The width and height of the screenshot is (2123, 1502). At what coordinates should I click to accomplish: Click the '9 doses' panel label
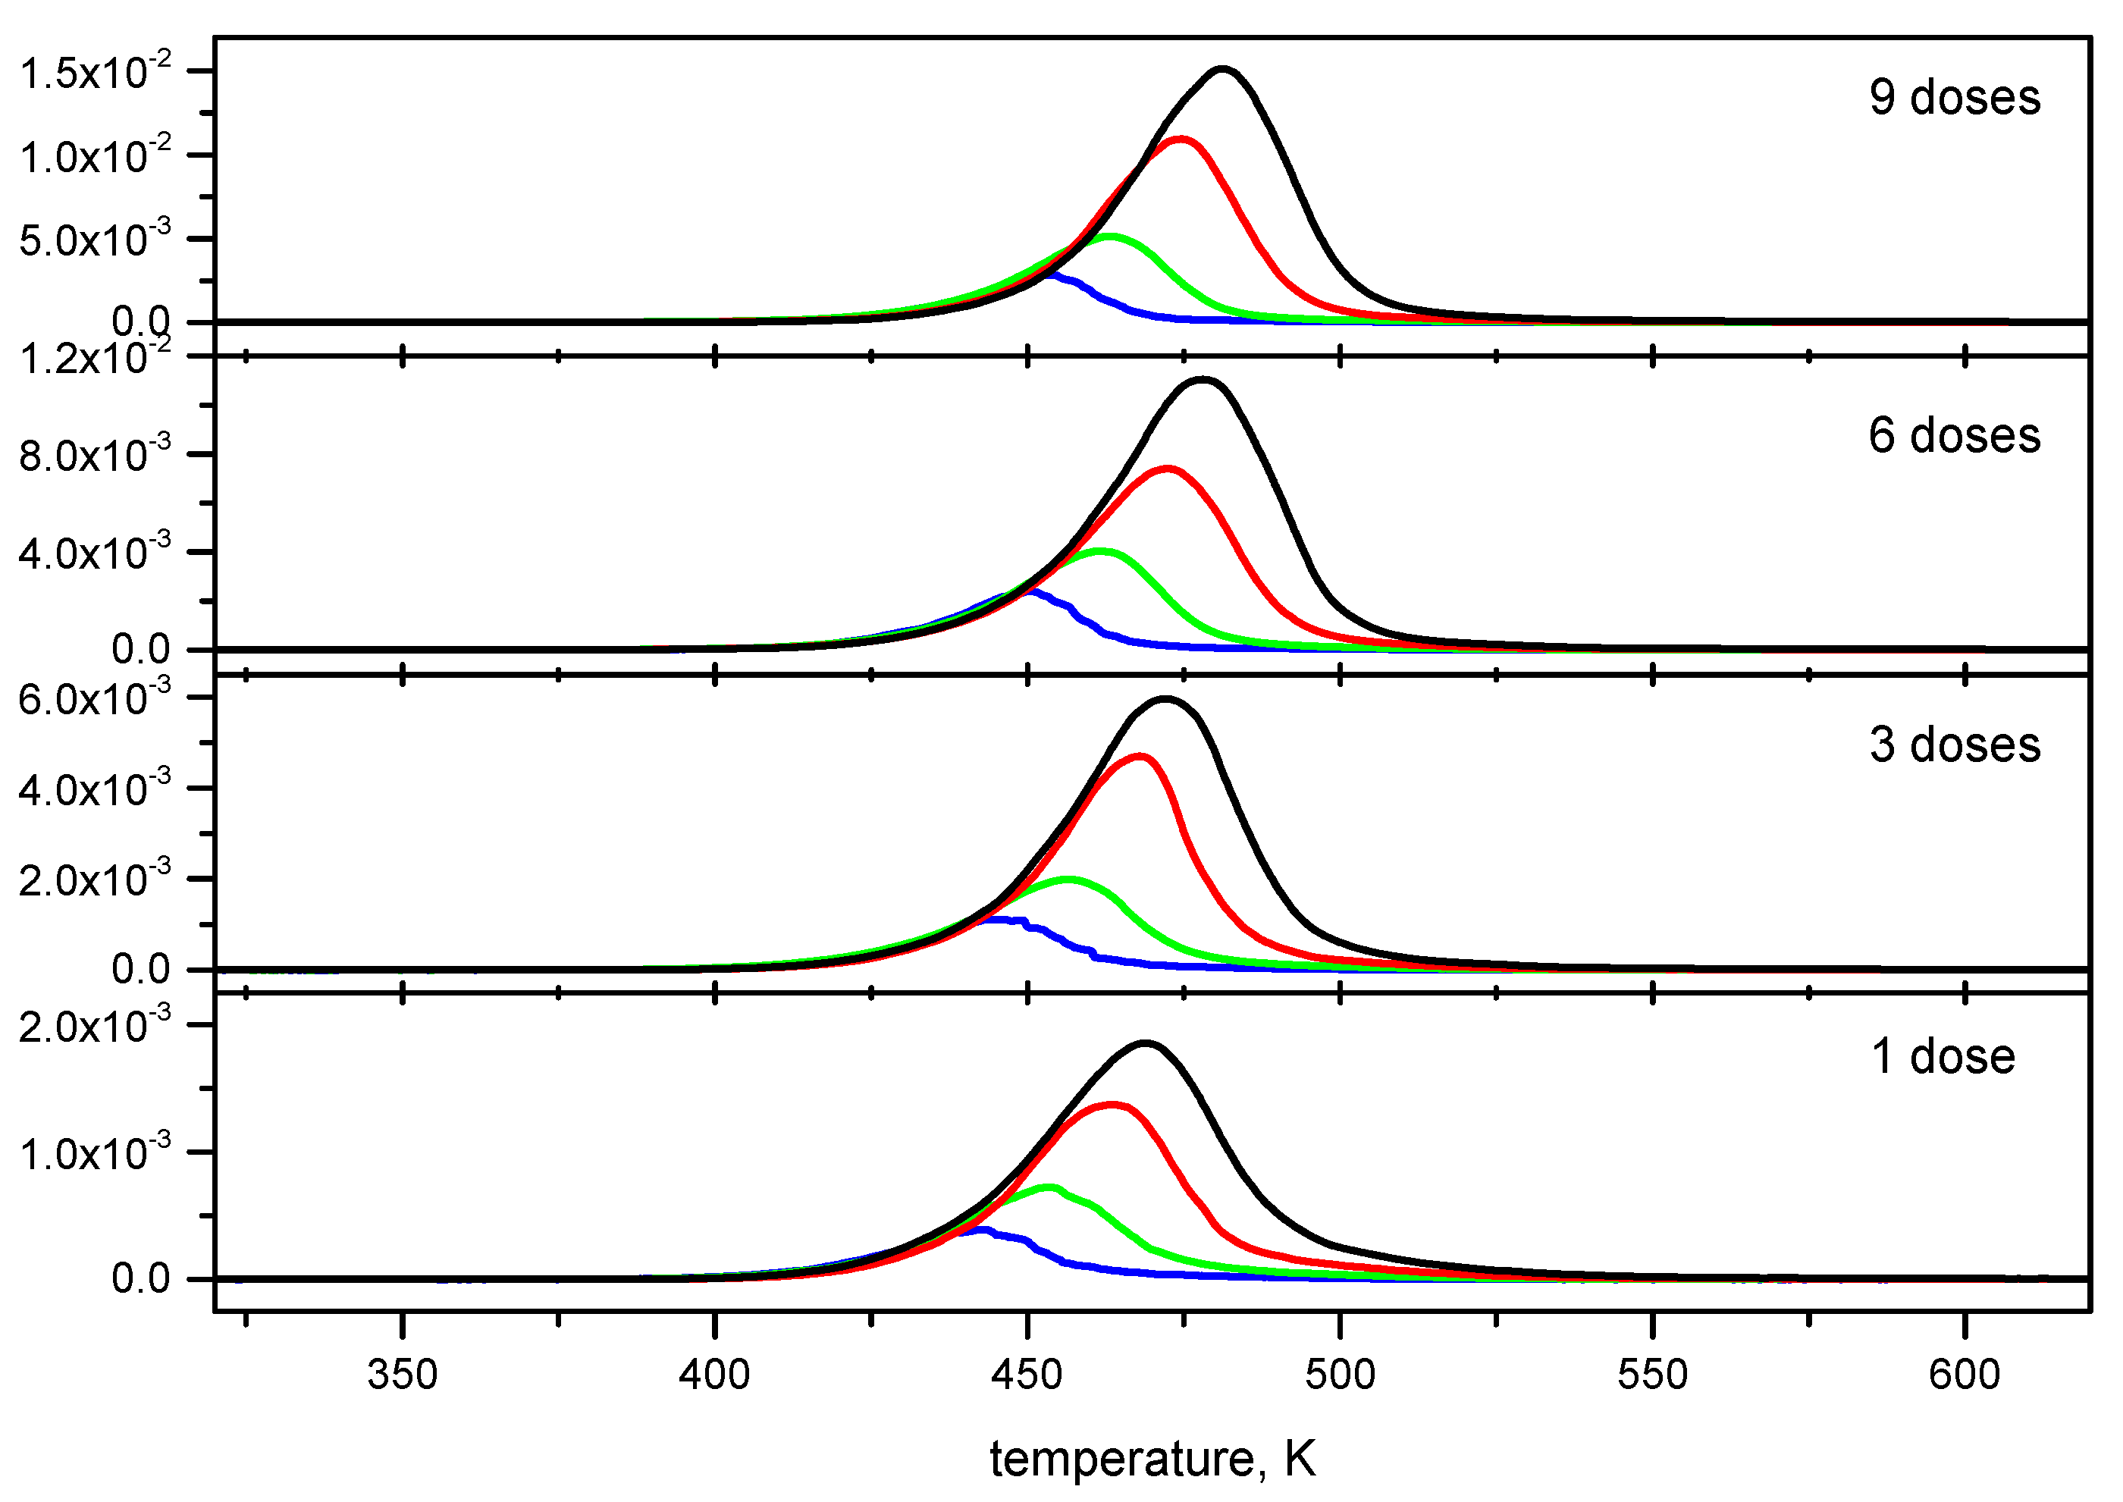pos(1954,98)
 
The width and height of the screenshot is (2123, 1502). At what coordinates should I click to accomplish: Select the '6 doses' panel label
pos(1954,436)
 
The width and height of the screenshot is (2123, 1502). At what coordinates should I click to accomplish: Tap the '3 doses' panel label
pos(1954,745)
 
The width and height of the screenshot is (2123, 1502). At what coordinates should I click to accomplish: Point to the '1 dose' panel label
pos(1943,1056)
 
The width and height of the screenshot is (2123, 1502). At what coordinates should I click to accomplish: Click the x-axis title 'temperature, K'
pos(1152,1459)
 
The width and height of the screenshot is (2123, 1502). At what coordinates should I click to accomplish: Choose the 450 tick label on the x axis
pos(1027,1375)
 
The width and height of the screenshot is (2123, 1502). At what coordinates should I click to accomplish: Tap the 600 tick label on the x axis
pos(1964,1375)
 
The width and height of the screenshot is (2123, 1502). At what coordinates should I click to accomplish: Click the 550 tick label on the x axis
pos(1652,1375)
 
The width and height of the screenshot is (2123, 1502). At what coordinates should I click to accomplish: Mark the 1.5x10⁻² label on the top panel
pos(96,72)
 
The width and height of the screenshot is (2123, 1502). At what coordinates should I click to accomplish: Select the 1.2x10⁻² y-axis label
pos(96,357)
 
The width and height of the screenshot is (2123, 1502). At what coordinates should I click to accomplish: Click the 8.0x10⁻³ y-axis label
pos(96,455)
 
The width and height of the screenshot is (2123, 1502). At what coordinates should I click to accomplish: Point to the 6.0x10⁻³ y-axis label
pos(96,698)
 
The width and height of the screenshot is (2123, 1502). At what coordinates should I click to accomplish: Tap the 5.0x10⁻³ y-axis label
pos(96,240)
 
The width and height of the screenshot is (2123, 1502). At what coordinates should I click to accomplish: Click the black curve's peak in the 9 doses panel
pos(1223,69)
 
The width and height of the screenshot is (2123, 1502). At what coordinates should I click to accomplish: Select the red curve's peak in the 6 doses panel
pos(1168,469)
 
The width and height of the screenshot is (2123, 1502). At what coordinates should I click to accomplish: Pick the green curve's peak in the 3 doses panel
pos(1069,879)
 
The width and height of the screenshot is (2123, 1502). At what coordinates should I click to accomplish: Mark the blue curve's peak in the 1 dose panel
pos(982,1230)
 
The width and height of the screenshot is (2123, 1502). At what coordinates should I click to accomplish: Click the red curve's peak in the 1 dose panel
pos(1112,1104)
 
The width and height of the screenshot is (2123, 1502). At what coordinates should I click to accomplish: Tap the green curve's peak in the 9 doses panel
pos(1109,237)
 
